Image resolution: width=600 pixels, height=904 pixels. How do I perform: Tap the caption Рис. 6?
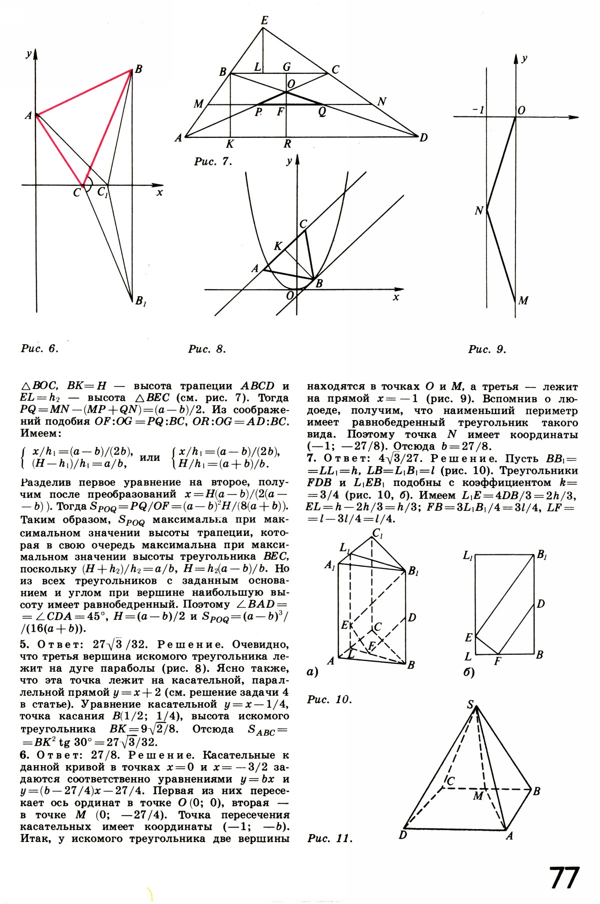(x=39, y=349)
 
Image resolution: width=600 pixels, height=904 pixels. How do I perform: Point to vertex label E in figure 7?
(x=264, y=20)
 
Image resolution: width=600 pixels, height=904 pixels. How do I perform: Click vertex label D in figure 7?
(x=423, y=138)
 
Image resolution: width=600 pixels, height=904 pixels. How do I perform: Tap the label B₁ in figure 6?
(x=140, y=301)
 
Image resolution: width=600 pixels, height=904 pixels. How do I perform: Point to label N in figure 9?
(x=478, y=211)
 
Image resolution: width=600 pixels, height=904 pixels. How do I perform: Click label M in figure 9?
(x=523, y=301)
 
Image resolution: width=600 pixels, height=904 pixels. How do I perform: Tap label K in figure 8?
(x=278, y=246)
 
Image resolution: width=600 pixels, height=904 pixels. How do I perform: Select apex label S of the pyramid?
(x=470, y=705)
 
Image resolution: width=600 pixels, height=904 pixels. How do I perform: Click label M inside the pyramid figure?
(x=478, y=796)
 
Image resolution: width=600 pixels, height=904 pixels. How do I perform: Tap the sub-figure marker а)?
(x=312, y=672)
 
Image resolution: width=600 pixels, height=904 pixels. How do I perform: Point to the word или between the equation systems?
(x=150, y=457)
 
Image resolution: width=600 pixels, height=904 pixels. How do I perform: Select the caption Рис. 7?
(x=213, y=161)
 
